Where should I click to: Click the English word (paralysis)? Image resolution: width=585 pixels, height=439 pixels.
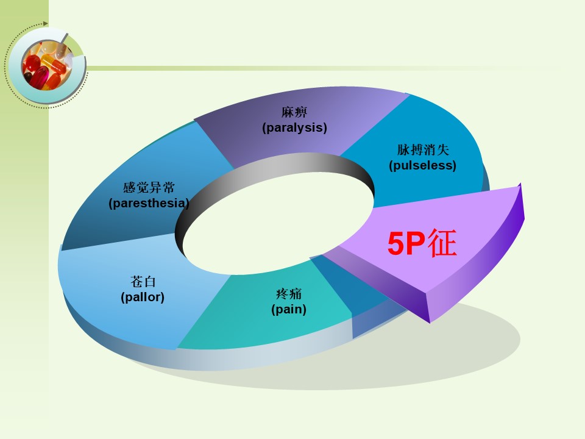pos(294,127)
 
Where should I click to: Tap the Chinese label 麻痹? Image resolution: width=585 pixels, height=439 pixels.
pos(294,112)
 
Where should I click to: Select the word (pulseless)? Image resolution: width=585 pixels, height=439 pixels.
pos(422,165)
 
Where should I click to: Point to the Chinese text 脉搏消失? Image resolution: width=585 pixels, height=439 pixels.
pos(423,150)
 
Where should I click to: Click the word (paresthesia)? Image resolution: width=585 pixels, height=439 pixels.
pos(149,203)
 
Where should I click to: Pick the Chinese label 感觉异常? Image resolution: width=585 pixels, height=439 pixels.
pos(149,187)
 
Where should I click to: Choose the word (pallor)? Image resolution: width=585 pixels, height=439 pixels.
pos(143,297)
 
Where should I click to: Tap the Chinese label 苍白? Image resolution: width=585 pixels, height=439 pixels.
pos(143,282)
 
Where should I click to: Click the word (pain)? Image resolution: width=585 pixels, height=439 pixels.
pos(289,309)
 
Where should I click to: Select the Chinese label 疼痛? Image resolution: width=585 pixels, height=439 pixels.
pos(289,294)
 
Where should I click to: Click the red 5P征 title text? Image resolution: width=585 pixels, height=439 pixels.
pos(422,243)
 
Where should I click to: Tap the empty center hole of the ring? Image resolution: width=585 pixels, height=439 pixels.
pos(278,223)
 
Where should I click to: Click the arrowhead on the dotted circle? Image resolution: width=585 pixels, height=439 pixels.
pos(45,24)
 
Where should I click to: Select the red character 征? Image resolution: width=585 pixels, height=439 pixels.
pos(442,243)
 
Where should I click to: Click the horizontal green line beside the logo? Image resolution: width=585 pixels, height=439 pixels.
pos(321,68)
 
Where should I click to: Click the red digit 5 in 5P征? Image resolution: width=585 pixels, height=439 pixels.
pos(396,244)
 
